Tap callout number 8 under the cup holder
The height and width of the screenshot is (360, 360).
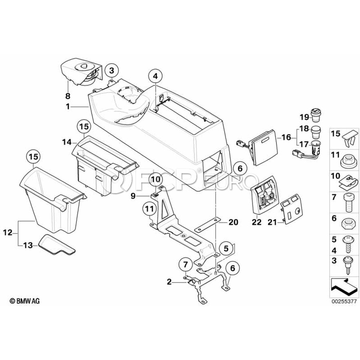pos(68,96)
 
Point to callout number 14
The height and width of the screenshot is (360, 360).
pos(66,141)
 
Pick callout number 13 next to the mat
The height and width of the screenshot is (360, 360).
pos(29,245)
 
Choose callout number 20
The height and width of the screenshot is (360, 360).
pos(233,222)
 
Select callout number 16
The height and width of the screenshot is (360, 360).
pos(286,137)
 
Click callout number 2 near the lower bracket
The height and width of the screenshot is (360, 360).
pos(169,282)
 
